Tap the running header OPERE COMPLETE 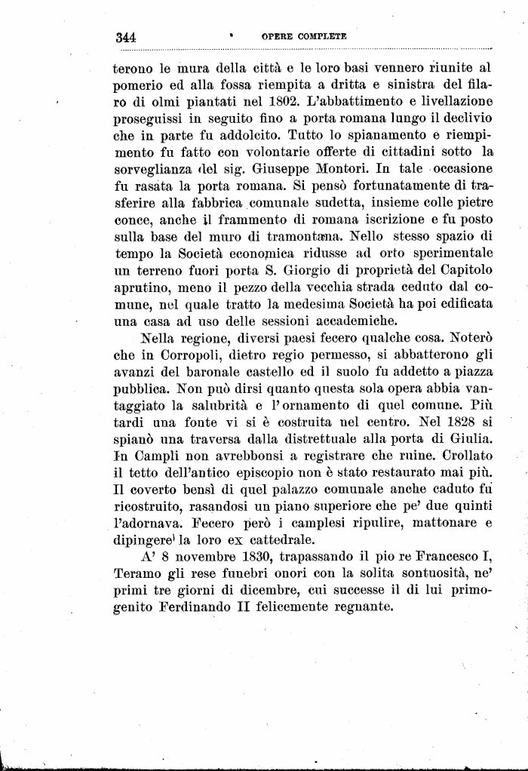tap(304, 35)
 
